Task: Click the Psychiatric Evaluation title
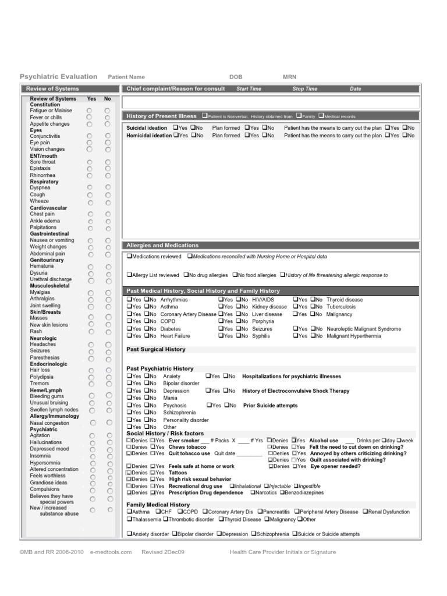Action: (59, 76)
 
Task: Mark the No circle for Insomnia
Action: (109, 456)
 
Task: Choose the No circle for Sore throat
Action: (108, 162)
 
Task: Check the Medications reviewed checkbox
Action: (129, 256)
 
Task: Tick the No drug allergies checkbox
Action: (186, 275)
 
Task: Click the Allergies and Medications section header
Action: (162, 246)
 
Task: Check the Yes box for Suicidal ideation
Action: (176, 127)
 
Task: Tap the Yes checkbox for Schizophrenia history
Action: (129, 412)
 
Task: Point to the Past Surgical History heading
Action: (156, 349)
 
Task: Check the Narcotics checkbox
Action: (253, 492)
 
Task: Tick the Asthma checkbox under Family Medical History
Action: (129, 512)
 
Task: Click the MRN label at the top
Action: (289, 77)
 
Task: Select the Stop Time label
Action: (305, 89)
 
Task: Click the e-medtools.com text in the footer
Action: (111, 552)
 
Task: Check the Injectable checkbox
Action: (267, 486)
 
